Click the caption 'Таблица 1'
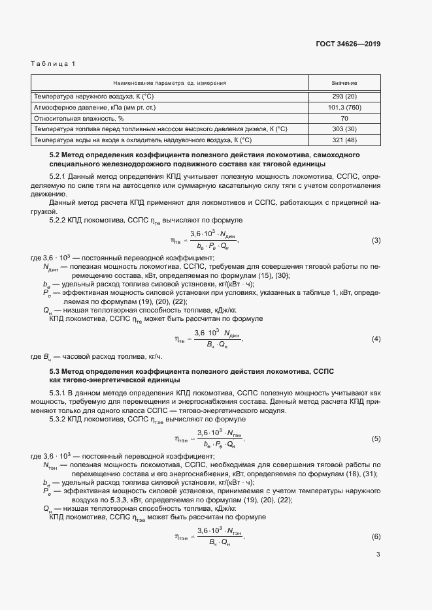click(x=54, y=63)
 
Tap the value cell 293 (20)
click(x=344, y=96)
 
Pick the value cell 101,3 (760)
click(x=344, y=107)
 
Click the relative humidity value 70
click(x=344, y=118)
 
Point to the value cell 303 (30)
click(x=344, y=129)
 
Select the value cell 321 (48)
click(x=344, y=140)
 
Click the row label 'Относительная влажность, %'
click(x=75, y=118)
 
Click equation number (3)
click(x=376, y=241)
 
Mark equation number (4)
click(x=376, y=339)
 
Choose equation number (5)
click(x=376, y=438)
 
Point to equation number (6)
click(x=376, y=536)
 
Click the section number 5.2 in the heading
click(x=54, y=155)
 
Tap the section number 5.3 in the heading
click(x=54, y=371)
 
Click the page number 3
click(x=378, y=573)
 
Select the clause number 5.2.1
click(x=58, y=177)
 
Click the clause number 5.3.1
click(x=58, y=393)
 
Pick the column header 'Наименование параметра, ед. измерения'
click(x=170, y=84)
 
